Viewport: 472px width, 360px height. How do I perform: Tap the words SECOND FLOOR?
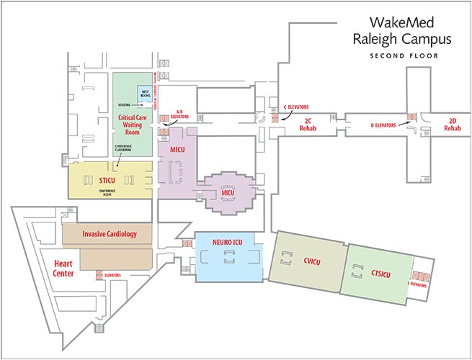(x=404, y=55)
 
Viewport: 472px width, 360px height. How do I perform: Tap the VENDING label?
(x=125, y=104)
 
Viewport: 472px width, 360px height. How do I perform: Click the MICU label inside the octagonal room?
(x=228, y=194)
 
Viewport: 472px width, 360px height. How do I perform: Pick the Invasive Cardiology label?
(x=109, y=233)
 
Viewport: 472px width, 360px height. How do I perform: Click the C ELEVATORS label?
(x=297, y=106)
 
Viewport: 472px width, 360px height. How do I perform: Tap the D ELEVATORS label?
(x=383, y=125)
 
